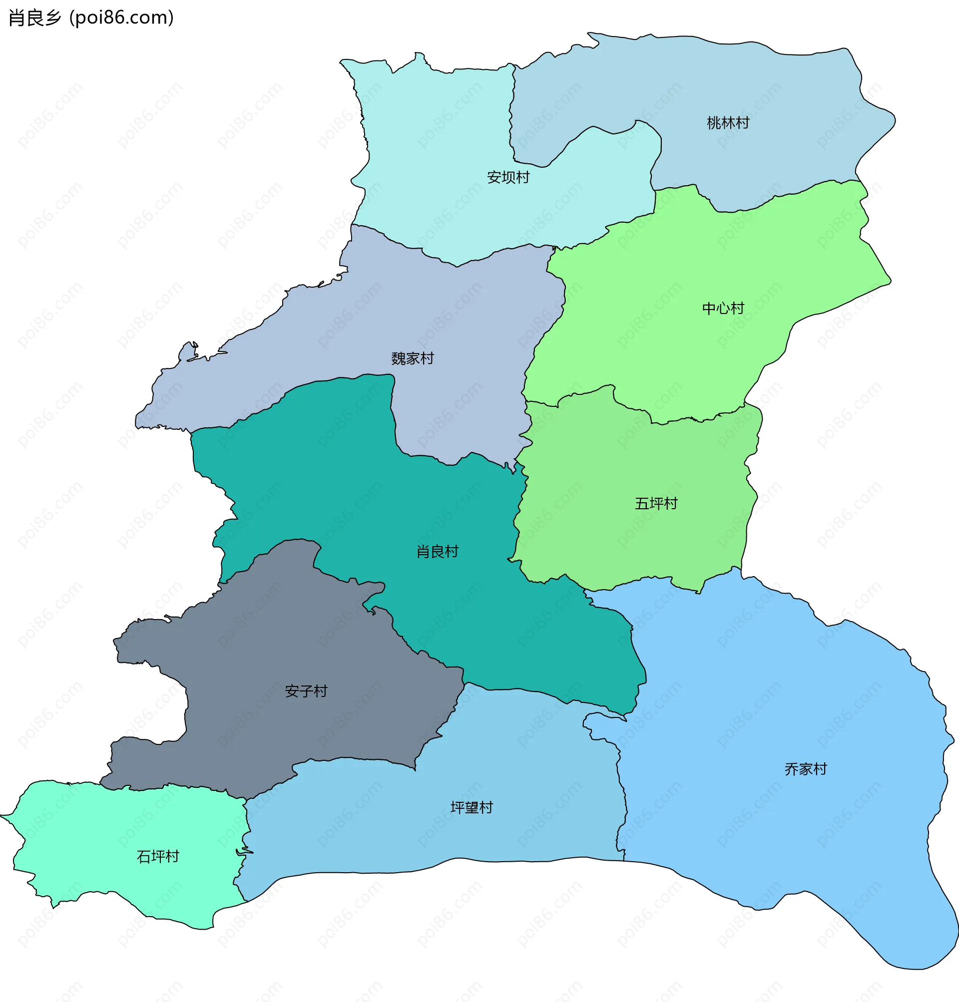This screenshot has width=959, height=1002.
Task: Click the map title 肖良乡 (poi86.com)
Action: [x=91, y=18]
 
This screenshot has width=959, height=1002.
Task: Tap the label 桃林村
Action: [x=728, y=123]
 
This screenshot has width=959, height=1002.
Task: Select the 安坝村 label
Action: [x=508, y=178]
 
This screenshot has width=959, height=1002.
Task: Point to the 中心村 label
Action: [x=723, y=309]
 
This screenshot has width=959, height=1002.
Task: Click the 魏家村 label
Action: [x=413, y=358]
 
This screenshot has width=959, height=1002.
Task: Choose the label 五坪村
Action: [x=656, y=504]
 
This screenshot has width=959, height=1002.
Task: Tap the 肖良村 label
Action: [x=438, y=552]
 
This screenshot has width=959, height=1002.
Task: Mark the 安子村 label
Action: [x=306, y=691]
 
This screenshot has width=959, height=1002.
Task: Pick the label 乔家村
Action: [x=806, y=769]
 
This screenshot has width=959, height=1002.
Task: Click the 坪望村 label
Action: [x=472, y=807]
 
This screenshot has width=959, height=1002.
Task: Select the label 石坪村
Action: [x=158, y=856]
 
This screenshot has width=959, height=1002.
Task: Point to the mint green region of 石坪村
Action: [x=102, y=828]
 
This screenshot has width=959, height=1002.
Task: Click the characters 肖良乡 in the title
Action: [x=35, y=18]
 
